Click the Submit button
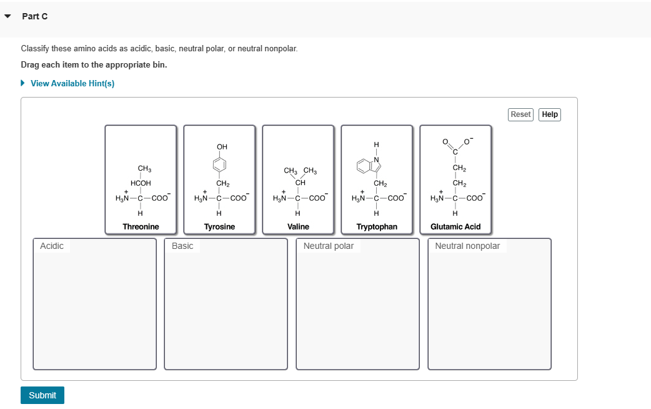(x=42, y=395)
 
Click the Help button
(x=549, y=114)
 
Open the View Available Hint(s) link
(x=72, y=83)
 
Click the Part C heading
(x=34, y=16)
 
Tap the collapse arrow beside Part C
(x=7, y=17)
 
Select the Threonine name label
(x=141, y=226)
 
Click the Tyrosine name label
(x=219, y=226)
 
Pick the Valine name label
(x=298, y=226)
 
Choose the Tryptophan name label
(x=377, y=226)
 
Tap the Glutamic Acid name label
(x=455, y=226)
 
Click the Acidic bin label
(x=52, y=246)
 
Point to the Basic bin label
(x=182, y=246)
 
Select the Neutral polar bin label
(x=329, y=246)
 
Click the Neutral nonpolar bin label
(x=467, y=246)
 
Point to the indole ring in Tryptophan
(x=369, y=165)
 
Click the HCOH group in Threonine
(x=141, y=183)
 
